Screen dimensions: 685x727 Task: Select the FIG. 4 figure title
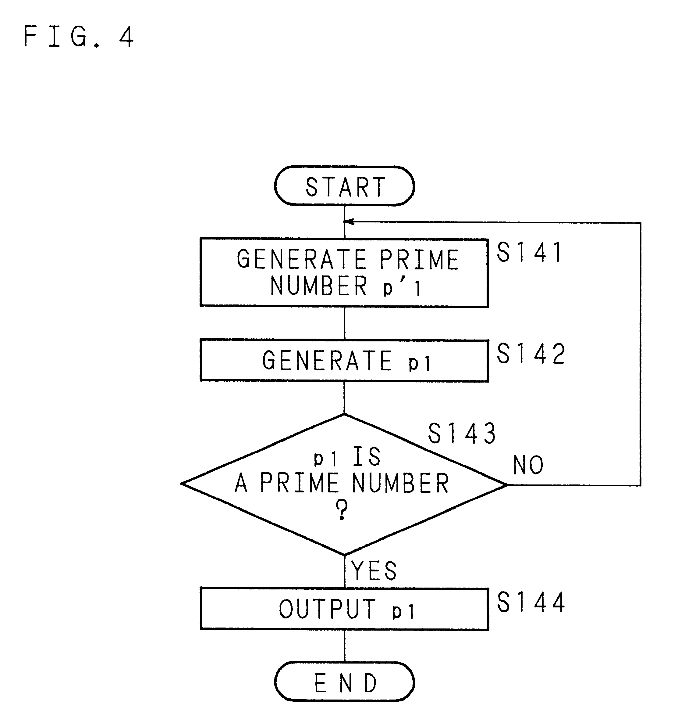pyautogui.click(x=79, y=37)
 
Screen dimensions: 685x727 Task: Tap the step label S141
pyautogui.click(x=530, y=252)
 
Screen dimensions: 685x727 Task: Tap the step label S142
pyautogui.click(x=531, y=354)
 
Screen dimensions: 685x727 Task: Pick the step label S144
pyautogui.click(x=531, y=602)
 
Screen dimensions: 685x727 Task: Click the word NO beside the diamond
pyautogui.click(x=528, y=465)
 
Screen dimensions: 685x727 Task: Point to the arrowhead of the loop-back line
pyautogui.click(x=349, y=221)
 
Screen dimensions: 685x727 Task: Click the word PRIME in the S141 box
pyautogui.click(x=419, y=260)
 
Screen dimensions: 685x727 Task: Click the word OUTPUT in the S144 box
pyautogui.click(x=327, y=609)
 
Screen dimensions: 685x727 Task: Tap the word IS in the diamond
pyautogui.click(x=367, y=456)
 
